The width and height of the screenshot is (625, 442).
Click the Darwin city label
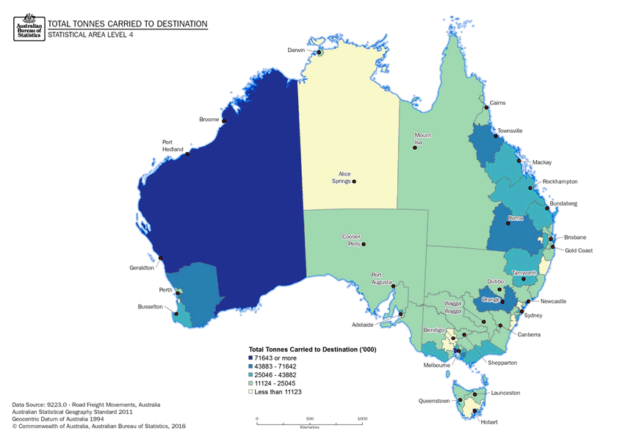pos(296,50)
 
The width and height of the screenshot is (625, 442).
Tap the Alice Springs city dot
pos(354,181)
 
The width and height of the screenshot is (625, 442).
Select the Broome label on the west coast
pos(209,119)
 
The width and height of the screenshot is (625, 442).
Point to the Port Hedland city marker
pos(188,153)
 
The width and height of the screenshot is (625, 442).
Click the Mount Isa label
pos(422,139)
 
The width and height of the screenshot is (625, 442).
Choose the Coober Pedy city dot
pos(363,244)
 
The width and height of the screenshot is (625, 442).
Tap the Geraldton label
pos(142,268)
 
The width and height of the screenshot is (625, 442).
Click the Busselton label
pos(151,307)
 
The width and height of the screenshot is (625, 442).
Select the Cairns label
pos(497,103)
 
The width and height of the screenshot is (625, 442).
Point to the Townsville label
pos(510,131)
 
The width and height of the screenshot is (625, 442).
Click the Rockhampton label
pos(560,181)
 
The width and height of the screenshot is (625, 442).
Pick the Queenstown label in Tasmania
pos(434,401)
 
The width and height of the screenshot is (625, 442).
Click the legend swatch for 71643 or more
pos(251,357)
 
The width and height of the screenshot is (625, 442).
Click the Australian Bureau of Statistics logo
pos(29,26)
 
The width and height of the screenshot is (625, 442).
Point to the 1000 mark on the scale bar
pos(362,419)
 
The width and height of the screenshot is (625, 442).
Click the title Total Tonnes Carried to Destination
pos(127,24)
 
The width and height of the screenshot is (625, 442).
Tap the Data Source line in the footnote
pos(86,405)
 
